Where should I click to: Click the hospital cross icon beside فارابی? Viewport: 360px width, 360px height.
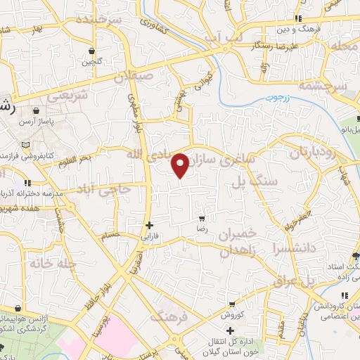tap(149, 226)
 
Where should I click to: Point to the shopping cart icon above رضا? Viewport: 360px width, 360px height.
tap(202, 219)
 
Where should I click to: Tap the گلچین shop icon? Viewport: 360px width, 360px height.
tap(94, 50)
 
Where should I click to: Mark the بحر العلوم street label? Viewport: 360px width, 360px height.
tap(75, 160)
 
